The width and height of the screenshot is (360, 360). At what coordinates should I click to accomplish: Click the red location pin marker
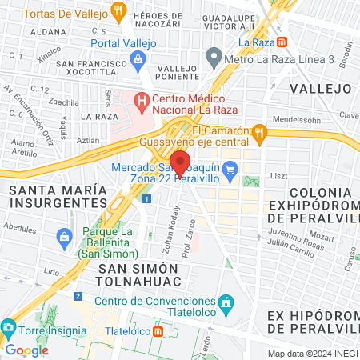(180, 162)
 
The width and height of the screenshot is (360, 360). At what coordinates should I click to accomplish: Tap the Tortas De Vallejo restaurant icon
(119, 12)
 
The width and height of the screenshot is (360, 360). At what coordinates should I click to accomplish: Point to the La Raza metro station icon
(281, 41)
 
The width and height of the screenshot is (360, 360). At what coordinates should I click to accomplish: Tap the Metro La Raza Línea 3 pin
(214, 58)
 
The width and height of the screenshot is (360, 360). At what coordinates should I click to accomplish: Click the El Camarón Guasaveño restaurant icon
(258, 132)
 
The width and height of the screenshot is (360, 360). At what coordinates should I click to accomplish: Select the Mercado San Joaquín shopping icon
(231, 168)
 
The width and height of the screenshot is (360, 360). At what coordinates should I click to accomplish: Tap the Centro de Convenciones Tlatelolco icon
(227, 302)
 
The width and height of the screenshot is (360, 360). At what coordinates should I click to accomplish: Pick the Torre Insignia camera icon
(9, 329)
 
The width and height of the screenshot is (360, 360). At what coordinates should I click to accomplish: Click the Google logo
(27, 350)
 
